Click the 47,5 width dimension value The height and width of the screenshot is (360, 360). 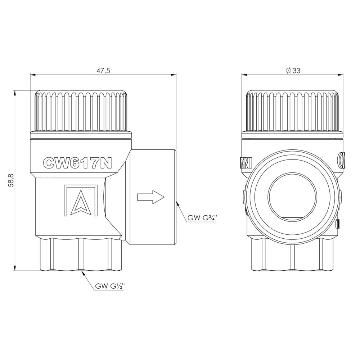(103, 71)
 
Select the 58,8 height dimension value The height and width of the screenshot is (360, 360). (11, 180)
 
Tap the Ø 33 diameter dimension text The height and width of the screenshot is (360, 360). (293, 71)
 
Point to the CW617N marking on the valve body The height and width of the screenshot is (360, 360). (78, 163)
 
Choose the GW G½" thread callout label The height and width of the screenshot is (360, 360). (110, 286)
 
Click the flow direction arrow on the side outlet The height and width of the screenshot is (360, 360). (151, 197)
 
